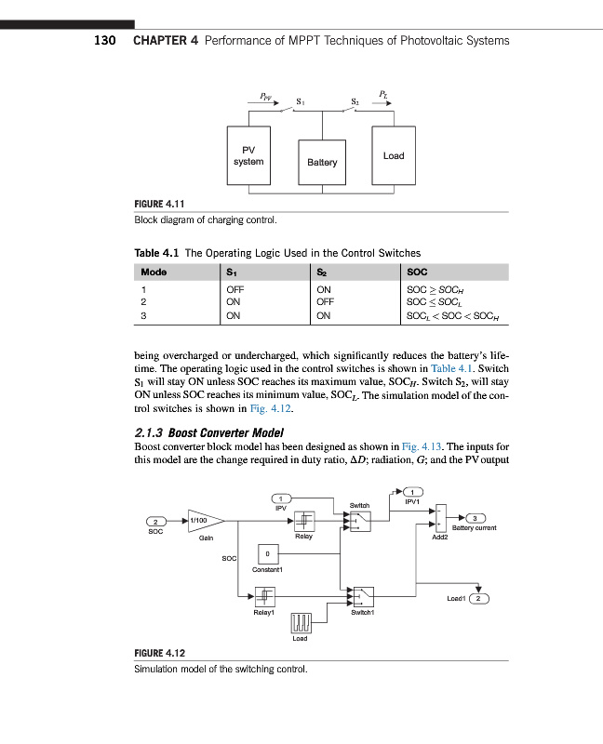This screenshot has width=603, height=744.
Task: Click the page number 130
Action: [104, 41]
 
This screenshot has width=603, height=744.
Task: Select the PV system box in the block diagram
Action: [248, 155]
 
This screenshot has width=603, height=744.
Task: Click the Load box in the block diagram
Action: [394, 155]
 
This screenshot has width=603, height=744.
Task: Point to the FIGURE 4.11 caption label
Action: [164, 205]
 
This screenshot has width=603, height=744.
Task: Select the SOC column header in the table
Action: [418, 272]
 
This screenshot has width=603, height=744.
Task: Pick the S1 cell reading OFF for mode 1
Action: [235, 291]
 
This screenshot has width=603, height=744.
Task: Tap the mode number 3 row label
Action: [142, 315]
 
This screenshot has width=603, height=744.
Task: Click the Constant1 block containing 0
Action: [267, 554]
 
